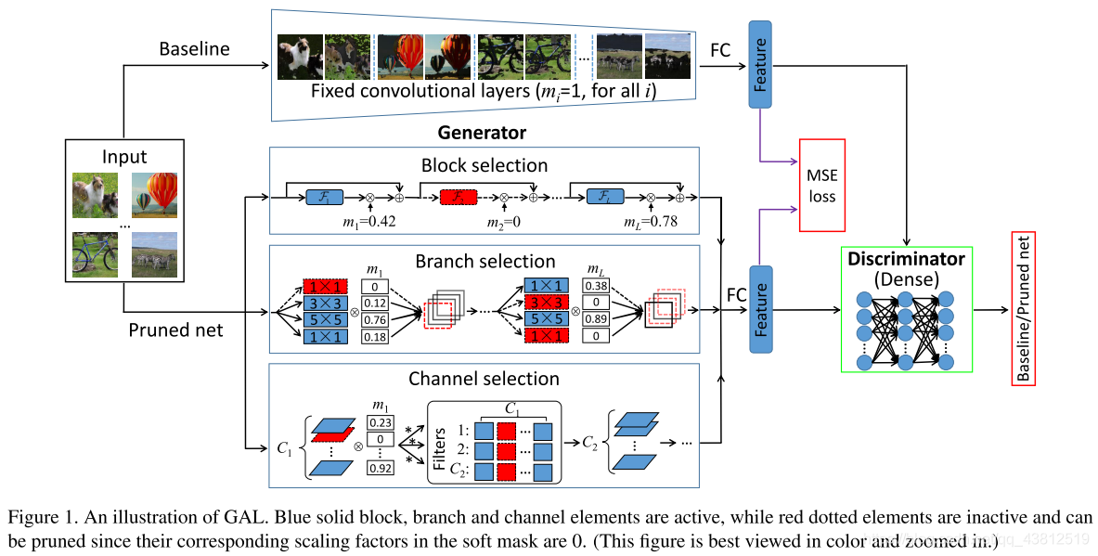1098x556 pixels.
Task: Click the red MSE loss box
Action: [x=821, y=185]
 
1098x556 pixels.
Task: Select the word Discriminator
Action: [x=905, y=260]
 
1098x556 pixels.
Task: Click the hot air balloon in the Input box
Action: [x=155, y=195]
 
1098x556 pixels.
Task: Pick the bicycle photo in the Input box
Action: [x=95, y=253]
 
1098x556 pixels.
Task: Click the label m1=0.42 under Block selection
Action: [x=369, y=221]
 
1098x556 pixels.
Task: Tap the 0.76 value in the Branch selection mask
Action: [x=373, y=320]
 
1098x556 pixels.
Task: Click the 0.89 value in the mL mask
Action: [x=596, y=320]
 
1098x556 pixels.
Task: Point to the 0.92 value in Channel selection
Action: [x=380, y=469]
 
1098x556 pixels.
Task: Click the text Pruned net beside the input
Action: [x=174, y=330]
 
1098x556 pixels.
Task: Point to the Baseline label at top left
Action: [x=193, y=48]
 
